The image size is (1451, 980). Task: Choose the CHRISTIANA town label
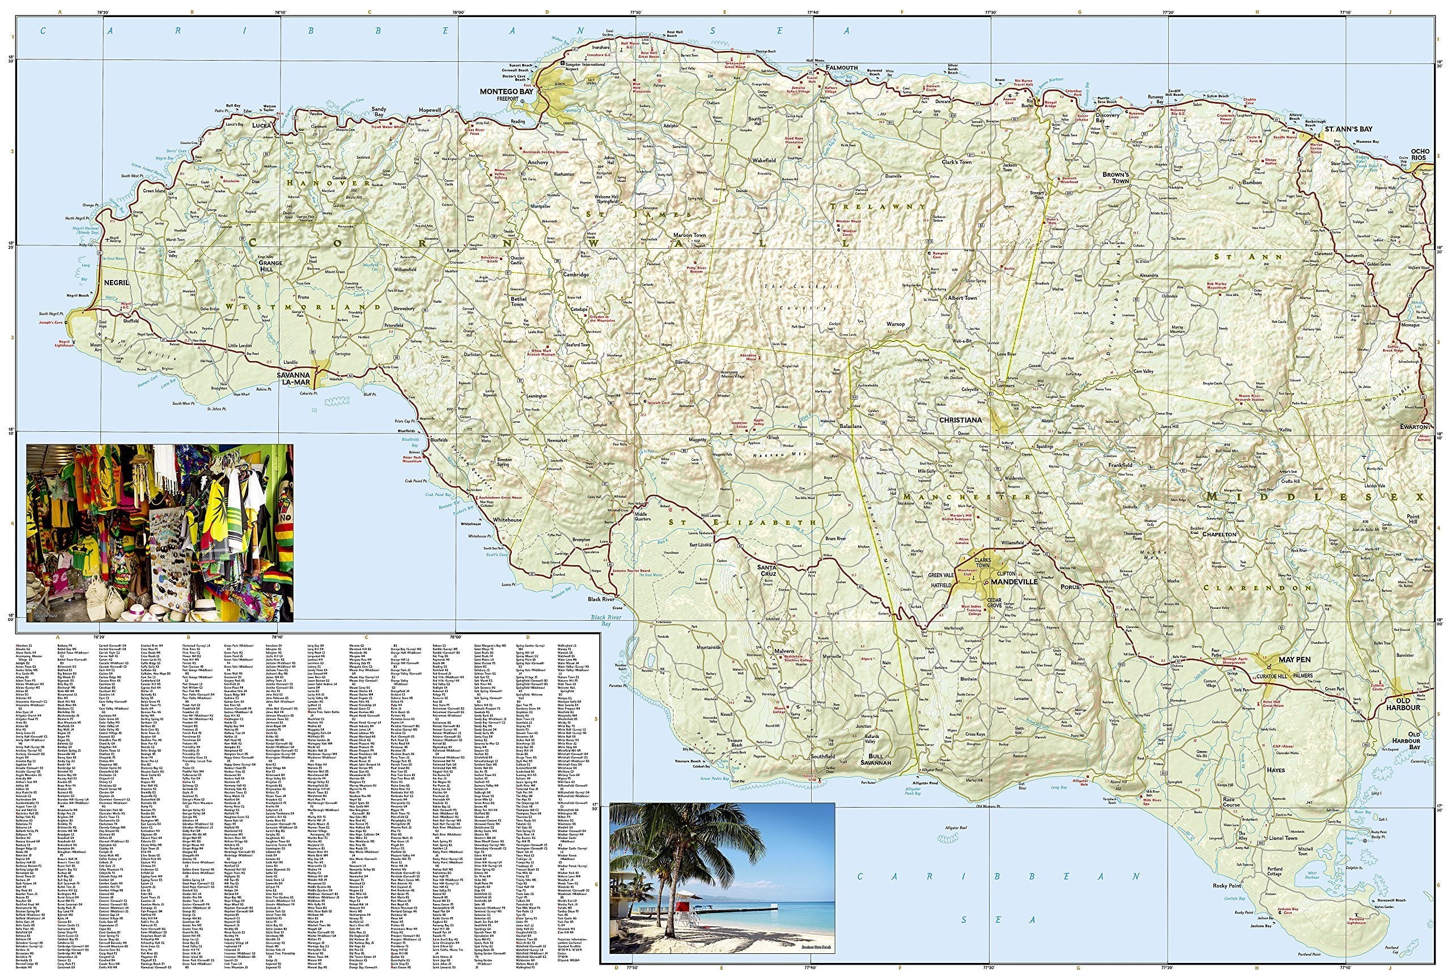click(x=961, y=420)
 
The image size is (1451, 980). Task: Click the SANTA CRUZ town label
click(x=766, y=568)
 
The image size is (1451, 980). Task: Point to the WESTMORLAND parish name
click(x=303, y=307)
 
